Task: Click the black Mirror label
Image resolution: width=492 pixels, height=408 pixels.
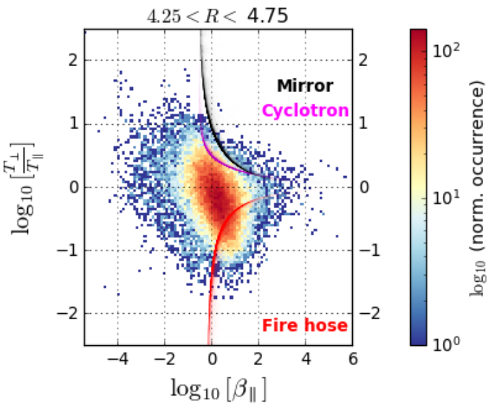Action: pyautogui.click(x=304, y=86)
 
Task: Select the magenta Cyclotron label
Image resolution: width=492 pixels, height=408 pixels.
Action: pyautogui.click(x=306, y=111)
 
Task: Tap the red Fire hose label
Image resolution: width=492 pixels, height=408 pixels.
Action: pyautogui.click(x=304, y=326)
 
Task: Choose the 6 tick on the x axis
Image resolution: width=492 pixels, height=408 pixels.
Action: pyautogui.click(x=353, y=359)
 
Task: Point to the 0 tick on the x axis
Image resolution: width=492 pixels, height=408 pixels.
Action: pyautogui.click(x=212, y=359)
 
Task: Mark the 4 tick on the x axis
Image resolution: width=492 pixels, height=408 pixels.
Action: pyautogui.click(x=306, y=359)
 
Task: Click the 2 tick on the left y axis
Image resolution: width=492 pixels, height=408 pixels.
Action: pyautogui.click(x=70, y=61)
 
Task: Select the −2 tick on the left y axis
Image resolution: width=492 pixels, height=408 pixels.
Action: pyautogui.click(x=66, y=314)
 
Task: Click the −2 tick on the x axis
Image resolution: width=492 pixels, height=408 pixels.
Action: pyautogui.click(x=164, y=359)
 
